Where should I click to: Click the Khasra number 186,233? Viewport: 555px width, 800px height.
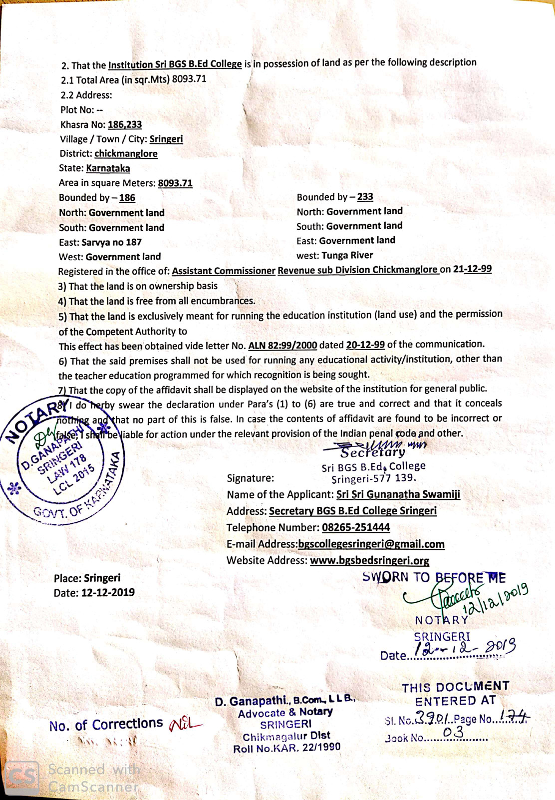125,124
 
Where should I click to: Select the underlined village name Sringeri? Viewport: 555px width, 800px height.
166,139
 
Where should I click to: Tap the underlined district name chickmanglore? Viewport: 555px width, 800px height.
126,153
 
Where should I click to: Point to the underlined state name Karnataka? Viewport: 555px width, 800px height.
108,168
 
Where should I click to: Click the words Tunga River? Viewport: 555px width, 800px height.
347,255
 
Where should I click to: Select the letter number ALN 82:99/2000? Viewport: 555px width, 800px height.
282,346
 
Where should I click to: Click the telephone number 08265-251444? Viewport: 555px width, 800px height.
356,527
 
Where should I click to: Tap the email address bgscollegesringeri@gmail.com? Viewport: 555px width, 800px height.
371,544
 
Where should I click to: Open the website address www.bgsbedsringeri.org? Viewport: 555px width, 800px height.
369,560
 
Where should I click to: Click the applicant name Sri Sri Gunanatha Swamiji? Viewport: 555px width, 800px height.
398,494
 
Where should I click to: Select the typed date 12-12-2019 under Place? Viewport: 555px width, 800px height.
108,593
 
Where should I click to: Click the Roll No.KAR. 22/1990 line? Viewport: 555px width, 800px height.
286,748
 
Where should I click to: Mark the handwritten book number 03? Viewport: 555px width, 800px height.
453,732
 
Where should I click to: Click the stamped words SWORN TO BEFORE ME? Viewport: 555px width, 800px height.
434,578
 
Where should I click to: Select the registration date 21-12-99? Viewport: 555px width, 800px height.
472,269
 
